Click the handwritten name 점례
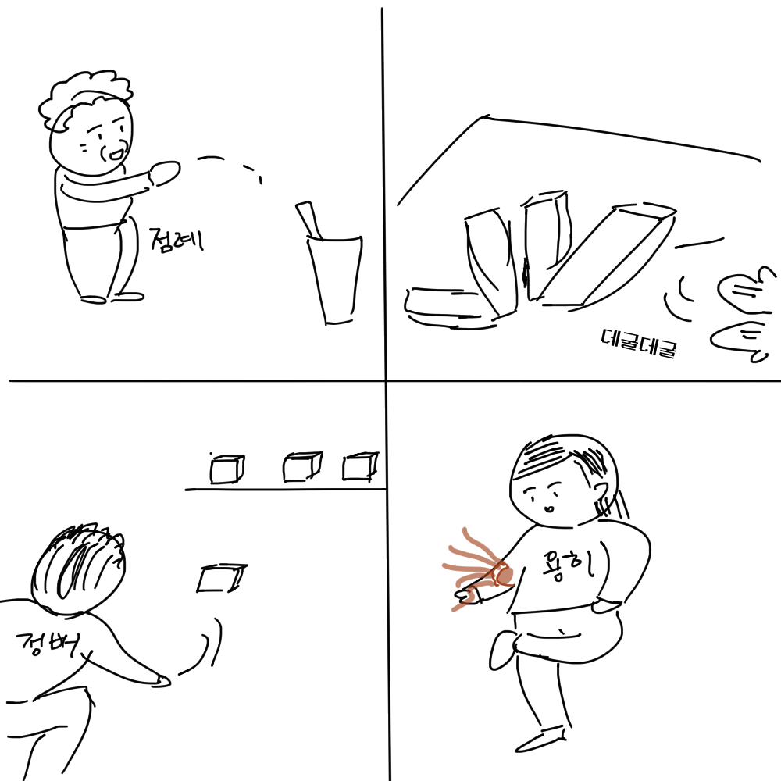(176, 237)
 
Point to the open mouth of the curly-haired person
(117, 153)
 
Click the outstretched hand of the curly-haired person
(166, 173)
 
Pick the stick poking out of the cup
(308, 218)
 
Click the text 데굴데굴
(638, 342)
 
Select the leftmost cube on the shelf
(226, 469)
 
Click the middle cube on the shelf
(301, 467)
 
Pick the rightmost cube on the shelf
(360, 466)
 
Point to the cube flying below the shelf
(221, 578)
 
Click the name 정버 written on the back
(45, 645)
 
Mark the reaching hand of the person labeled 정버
(160, 680)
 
